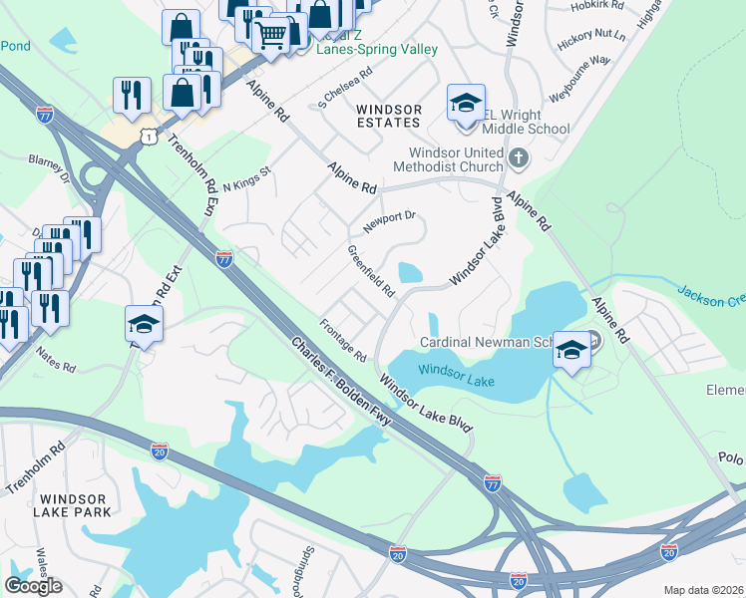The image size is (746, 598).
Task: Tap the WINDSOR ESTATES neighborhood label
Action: (x=389, y=116)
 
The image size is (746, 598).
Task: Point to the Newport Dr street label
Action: (x=388, y=221)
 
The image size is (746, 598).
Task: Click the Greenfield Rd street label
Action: (x=371, y=271)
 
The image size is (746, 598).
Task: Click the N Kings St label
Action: (x=246, y=177)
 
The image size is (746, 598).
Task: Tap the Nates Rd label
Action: (x=56, y=360)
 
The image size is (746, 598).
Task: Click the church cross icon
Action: (x=518, y=158)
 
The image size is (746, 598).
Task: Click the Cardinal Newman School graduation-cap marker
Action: (x=572, y=350)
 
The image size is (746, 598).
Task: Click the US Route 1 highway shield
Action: (x=148, y=134)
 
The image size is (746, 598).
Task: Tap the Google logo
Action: (x=33, y=585)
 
